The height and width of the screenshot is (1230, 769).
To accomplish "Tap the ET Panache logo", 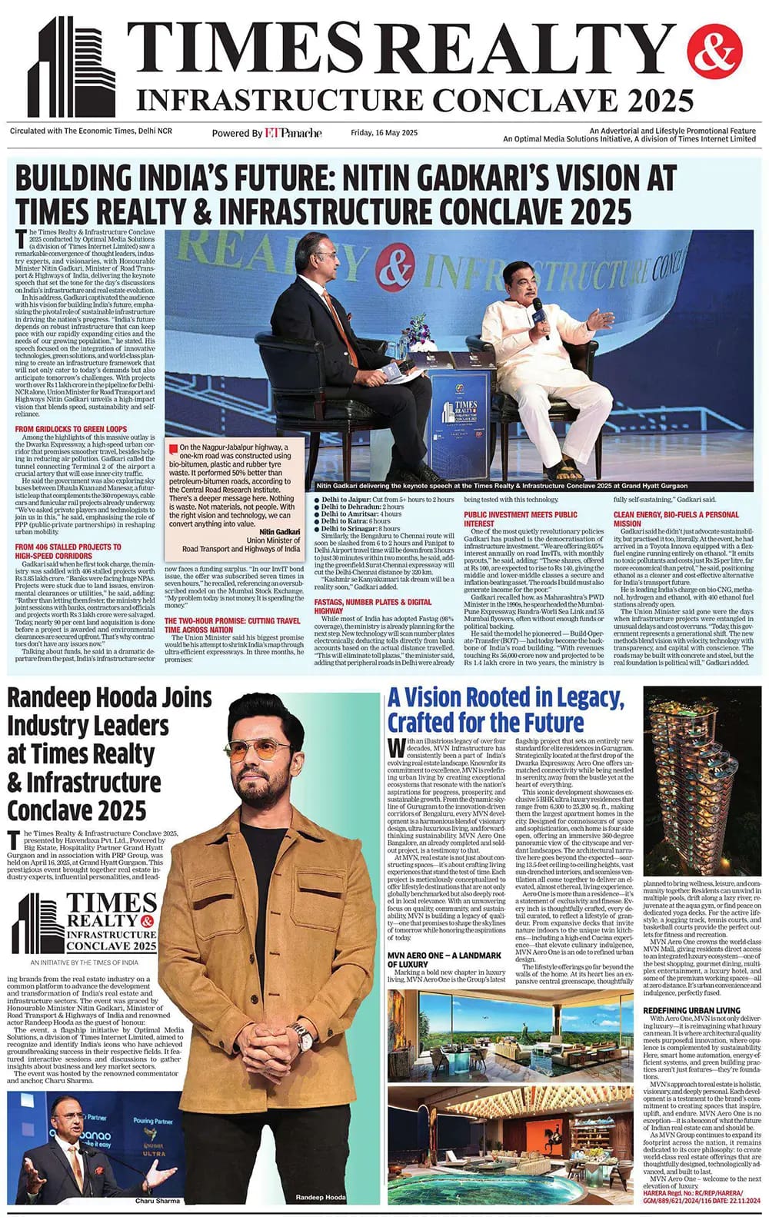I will point(293,133).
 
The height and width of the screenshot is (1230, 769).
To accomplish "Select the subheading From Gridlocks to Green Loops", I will point(71,428).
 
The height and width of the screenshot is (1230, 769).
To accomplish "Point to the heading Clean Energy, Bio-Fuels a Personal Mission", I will point(676,519).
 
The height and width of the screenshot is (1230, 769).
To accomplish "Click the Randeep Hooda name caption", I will point(321,1198).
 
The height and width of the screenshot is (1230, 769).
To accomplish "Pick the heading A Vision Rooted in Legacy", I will point(505,710).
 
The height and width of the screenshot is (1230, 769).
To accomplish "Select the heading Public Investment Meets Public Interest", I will point(520,519).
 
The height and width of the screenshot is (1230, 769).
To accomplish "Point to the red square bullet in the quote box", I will point(175,447).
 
